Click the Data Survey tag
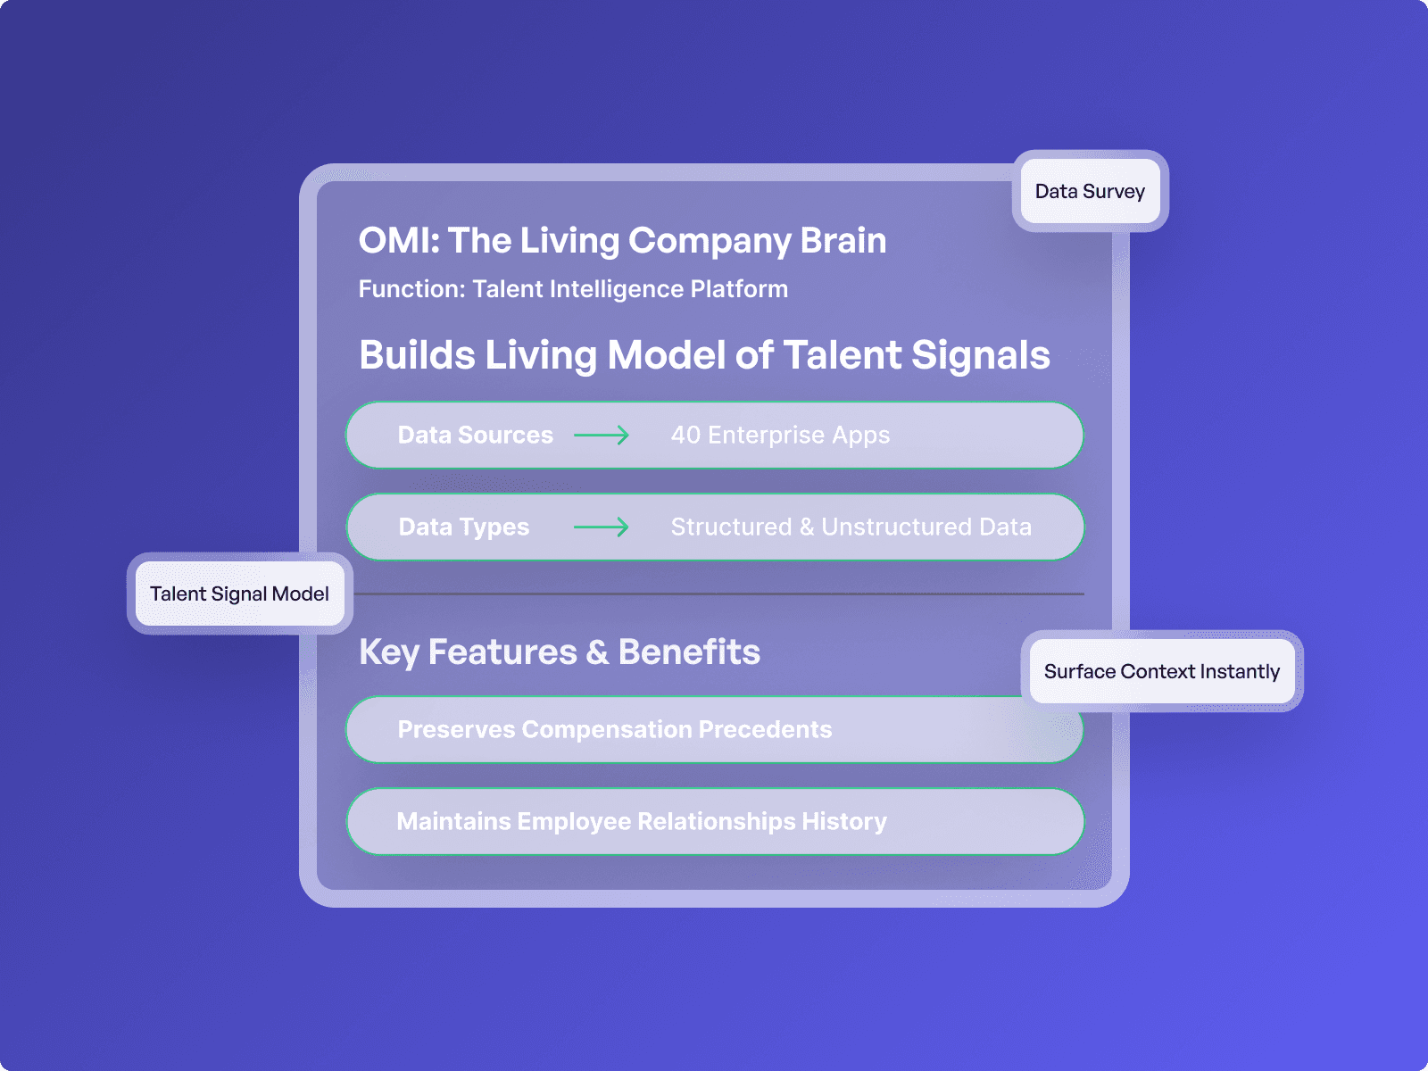(x=1090, y=191)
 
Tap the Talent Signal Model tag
(x=239, y=594)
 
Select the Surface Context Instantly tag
(x=1161, y=671)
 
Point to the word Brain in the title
(x=843, y=240)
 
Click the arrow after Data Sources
(x=602, y=435)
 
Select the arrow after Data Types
(x=602, y=527)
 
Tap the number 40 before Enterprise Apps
(x=685, y=435)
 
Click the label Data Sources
(x=475, y=435)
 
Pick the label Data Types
(x=463, y=527)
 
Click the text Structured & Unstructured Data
(x=851, y=527)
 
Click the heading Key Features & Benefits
(x=559, y=652)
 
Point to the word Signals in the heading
(x=981, y=354)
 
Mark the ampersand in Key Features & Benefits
(x=597, y=652)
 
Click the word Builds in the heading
(x=417, y=354)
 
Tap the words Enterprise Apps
(x=799, y=435)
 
